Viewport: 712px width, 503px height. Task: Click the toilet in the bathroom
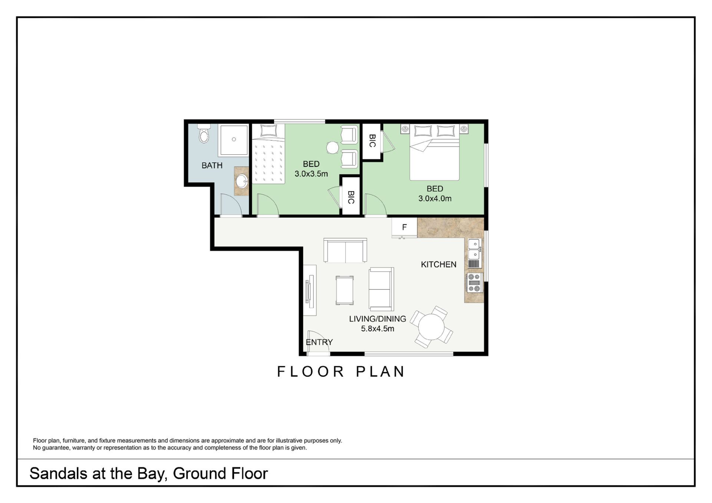[x=204, y=134]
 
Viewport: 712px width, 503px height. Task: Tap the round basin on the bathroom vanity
[x=242, y=181]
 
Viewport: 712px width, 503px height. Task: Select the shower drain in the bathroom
[x=234, y=139]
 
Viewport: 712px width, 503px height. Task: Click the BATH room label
[x=212, y=166]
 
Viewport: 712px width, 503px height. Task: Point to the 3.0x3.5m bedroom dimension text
[x=311, y=174]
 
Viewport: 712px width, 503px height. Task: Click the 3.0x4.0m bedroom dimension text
[x=435, y=199]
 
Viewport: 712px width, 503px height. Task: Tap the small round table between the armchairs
[x=333, y=147]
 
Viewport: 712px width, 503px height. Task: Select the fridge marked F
[x=405, y=227]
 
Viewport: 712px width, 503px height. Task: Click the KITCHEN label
[x=439, y=264]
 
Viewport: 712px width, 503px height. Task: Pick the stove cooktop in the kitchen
[x=475, y=283]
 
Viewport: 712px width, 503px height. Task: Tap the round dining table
[x=431, y=327]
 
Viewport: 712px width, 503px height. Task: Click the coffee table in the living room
[x=345, y=290]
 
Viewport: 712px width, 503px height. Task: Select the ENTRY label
[x=319, y=342]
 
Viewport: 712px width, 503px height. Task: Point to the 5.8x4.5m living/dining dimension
[x=378, y=329]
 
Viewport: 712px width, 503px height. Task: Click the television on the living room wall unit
[x=307, y=292]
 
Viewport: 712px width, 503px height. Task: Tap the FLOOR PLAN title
[x=341, y=372]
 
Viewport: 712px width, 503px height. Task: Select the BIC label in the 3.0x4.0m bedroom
[x=372, y=141]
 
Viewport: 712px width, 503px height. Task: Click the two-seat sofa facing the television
[x=381, y=289]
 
